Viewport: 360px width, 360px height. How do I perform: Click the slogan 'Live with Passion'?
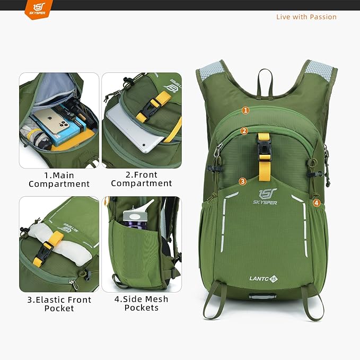point(306,17)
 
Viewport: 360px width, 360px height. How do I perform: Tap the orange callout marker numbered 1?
point(245,110)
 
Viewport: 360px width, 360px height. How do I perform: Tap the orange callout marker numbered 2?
point(244,131)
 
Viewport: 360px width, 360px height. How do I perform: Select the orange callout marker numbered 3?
point(242,181)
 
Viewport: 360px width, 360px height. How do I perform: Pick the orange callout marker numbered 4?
point(316,203)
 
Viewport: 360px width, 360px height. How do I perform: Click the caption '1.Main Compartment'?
point(59,180)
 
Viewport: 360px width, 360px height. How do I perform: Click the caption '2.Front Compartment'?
point(142,179)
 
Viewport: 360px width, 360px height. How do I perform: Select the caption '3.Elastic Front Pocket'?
point(59,304)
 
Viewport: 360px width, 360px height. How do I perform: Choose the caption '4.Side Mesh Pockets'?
point(142,303)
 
